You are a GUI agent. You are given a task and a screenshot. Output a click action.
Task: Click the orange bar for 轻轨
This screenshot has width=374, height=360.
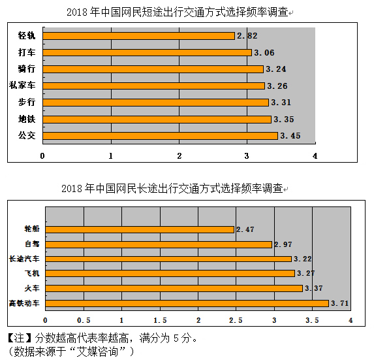tap(139, 36)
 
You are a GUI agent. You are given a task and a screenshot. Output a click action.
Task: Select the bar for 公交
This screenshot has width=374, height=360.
tap(161, 136)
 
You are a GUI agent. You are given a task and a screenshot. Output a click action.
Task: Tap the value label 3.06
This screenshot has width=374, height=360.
tap(264, 52)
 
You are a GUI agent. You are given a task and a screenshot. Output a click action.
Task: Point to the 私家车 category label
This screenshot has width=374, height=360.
tap(22, 85)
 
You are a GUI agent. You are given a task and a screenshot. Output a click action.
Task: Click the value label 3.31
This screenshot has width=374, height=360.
tap(281, 103)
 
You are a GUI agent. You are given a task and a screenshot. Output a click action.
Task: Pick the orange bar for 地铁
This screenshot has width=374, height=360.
tap(157, 120)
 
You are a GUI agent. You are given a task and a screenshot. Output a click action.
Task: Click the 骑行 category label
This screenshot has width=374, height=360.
tap(27, 69)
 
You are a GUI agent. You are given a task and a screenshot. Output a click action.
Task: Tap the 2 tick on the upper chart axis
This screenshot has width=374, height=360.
tap(179, 156)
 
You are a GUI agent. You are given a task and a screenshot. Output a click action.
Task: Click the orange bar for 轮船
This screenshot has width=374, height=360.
tap(140, 230)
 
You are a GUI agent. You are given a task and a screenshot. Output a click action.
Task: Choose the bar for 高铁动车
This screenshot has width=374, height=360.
tap(187, 303)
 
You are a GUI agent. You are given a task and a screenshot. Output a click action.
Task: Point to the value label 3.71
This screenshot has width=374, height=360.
tap(339, 303)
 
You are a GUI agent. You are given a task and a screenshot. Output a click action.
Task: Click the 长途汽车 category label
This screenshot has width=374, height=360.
tap(24, 259)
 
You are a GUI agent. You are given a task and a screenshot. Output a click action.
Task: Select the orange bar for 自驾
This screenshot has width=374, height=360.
tap(159, 244)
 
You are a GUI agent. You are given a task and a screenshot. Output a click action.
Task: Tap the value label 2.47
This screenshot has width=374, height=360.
tap(245, 229)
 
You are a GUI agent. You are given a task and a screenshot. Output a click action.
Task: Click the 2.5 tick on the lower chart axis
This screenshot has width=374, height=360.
tap(236, 320)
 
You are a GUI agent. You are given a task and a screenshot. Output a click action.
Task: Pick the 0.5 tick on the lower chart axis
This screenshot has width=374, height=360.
tap(84, 320)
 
